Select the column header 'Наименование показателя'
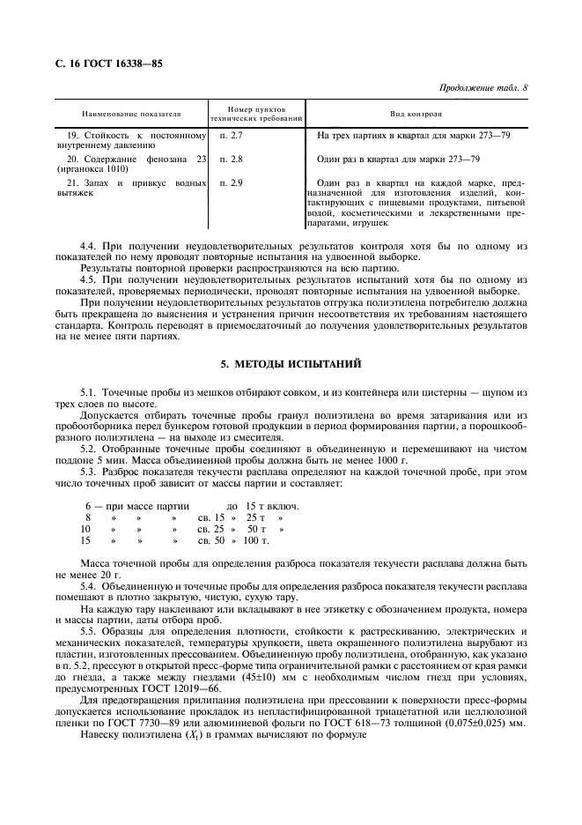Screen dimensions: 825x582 [x=131, y=115]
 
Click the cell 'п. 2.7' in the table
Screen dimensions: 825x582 [x=230, y=135]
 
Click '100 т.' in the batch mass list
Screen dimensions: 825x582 [x=255, y=539]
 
